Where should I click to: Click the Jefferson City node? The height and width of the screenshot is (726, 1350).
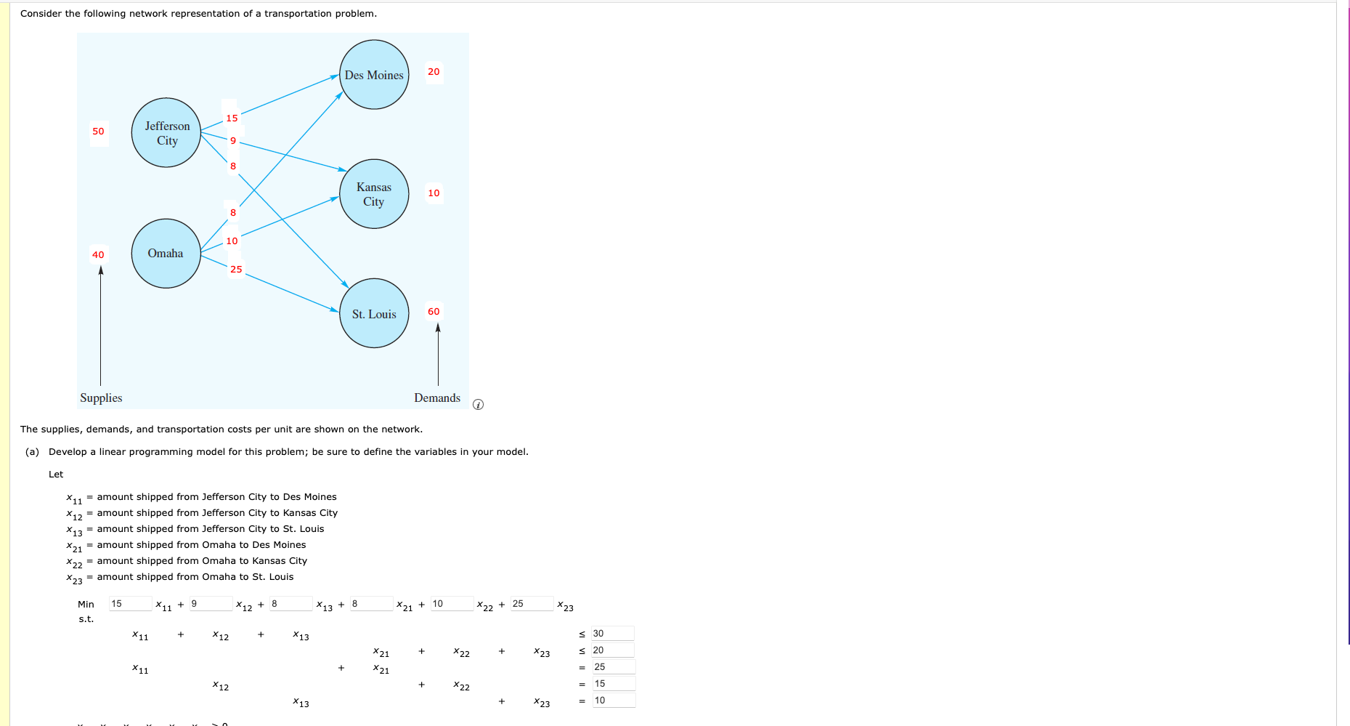[166, 133]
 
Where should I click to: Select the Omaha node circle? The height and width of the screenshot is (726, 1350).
[166, 254]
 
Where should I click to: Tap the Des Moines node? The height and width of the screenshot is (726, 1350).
[374, 75]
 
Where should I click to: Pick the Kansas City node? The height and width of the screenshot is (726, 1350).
[374, 194]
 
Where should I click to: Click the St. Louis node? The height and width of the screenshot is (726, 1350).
[374, 314]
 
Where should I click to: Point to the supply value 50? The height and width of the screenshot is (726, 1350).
[98, 132]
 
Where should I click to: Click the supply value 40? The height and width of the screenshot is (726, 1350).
[98, 255]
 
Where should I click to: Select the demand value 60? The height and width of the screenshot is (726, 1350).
[434, 312]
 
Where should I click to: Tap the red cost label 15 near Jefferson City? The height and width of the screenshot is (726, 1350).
[232, 118]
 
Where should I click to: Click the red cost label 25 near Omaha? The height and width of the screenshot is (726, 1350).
[236, 270]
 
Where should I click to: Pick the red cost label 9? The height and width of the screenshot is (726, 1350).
[233, 141]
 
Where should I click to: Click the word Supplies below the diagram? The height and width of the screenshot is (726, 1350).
[101, 398]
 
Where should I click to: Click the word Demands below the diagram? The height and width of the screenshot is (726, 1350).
[437, 398]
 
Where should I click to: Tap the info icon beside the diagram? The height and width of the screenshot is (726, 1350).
[478, 405]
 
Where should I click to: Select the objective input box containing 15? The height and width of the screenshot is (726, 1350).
[130, 604]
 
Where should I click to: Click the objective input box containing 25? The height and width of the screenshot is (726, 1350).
[532, 604]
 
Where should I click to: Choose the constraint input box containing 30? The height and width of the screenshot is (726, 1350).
[612, 634]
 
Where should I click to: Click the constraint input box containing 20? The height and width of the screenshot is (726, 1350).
[612, 650]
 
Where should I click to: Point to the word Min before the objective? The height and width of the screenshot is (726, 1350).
[86, 605]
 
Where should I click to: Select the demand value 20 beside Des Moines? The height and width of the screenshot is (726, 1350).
[434, 72]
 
